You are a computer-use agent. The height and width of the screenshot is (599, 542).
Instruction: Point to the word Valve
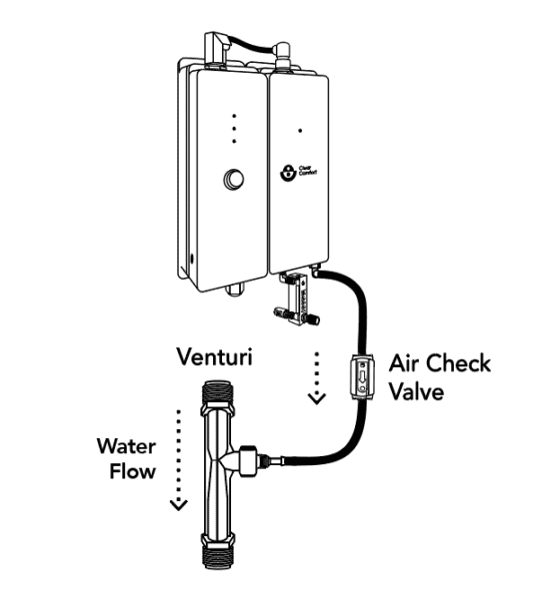click(417, 391)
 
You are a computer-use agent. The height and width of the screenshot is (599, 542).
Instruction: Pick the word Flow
click(132, 470)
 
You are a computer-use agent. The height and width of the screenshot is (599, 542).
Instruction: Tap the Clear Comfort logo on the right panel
click(287, 174)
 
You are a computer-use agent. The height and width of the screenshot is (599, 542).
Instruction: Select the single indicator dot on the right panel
click(301, 130)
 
